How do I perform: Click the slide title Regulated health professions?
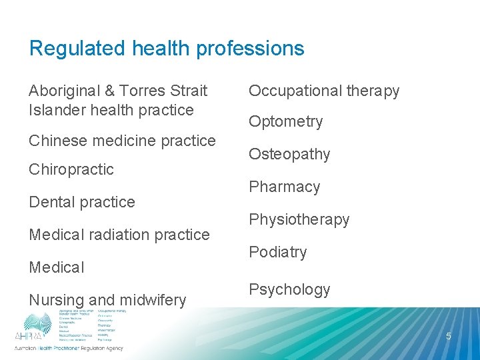pyautogui.click(x=167, y=48)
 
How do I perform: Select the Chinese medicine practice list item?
pyautogui.click(x=122, y=141)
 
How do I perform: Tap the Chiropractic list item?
pyautogui.click(x=71, y=169)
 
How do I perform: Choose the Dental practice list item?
pyautogui.click(x=81, y=202)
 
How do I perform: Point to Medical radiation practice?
pyautogui.click(x=119, y=235)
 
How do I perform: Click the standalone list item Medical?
pyautogui.click(x=57, y=267)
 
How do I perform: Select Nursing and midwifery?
pyautogui.click(x=107, y=300)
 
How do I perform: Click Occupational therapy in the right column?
pyautogui.click(x=324, y=91)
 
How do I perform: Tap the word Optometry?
pyautogui.click(x=285, y=121)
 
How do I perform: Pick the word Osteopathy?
pyautogui.click(x=289, y=154)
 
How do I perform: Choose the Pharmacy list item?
pyautogui.click(x=284, y=187)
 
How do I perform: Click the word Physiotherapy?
pyautogui.click(x=299, y=219)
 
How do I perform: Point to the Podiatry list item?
pyautogui.click(x=277, y=252)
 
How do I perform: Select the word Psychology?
pyautogui.click(x=289, y=289)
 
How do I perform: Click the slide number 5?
pyautogui.click(x=448, y=336)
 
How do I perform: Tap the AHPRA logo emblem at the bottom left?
pyautogui.click(x=37, y=327)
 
